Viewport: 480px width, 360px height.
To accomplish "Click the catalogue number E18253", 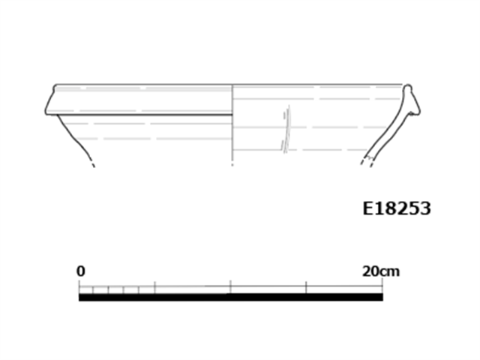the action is click(397, 208).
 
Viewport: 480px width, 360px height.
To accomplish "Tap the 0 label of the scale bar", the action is click(80, 271).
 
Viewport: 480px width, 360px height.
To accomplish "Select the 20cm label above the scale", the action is click(381, 271).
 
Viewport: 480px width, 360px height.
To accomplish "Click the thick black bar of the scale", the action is click(231, 297).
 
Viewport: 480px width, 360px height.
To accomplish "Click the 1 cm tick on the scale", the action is click(94, 289).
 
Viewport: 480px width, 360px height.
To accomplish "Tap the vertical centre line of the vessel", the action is click(232, 125).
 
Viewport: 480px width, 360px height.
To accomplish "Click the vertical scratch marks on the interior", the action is click(286, 129).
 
